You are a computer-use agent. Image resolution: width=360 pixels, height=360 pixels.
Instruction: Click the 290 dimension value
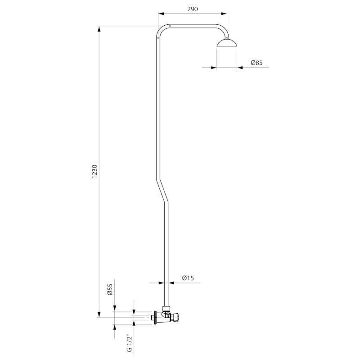(193, 9)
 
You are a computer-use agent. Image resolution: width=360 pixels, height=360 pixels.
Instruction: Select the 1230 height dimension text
(94, 171)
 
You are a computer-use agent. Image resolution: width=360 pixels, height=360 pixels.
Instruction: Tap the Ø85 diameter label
(256, 63)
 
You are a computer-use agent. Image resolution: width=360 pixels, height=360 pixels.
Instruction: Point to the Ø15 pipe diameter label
(188, 278)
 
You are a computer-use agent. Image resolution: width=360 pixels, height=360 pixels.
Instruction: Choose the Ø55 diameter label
(110, 289)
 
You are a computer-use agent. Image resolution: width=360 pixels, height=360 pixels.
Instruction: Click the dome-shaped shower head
(227, 43)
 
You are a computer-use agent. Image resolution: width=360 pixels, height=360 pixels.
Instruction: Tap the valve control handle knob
(177, 318)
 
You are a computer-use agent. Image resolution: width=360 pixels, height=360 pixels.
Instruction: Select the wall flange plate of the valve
(156, 318)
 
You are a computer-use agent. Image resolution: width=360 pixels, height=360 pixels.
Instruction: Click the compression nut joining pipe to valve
(166, 308)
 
